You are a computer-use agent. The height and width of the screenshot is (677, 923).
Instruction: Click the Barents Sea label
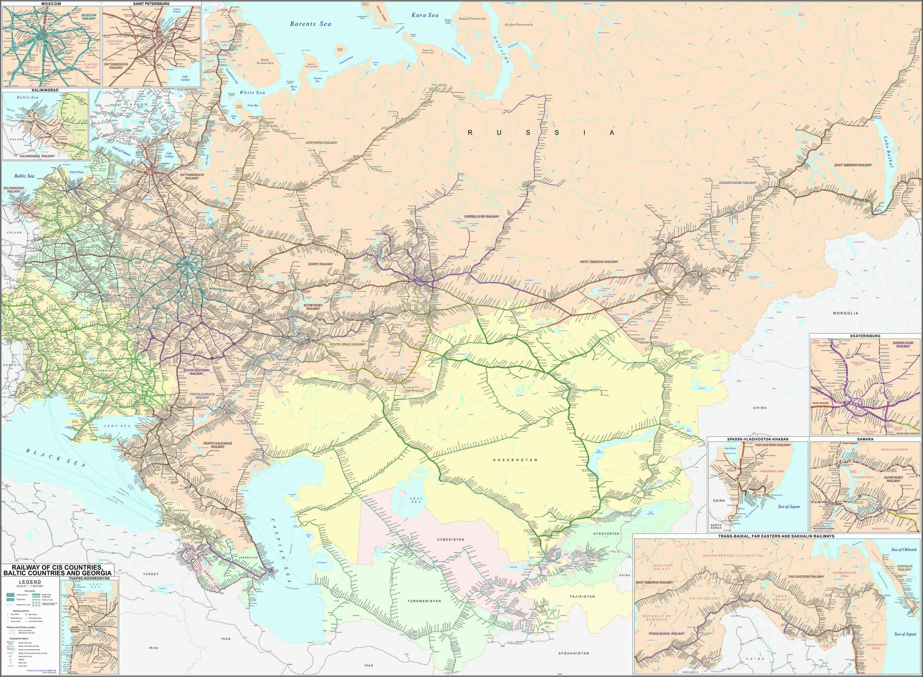point(310,24)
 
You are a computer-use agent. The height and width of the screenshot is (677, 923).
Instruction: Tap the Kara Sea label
point(425,15)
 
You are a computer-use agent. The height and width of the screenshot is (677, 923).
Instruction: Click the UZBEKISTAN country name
point(451,539)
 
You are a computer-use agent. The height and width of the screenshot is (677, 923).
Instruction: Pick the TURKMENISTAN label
point(424,601)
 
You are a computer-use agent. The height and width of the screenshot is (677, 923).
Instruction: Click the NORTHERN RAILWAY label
point(321,143)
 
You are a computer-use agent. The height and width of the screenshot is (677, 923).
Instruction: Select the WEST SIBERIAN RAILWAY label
point(599,261)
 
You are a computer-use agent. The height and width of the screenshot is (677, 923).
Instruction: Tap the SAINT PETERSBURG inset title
point(151,4)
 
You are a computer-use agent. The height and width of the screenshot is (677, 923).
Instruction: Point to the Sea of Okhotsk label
point(904,550)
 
